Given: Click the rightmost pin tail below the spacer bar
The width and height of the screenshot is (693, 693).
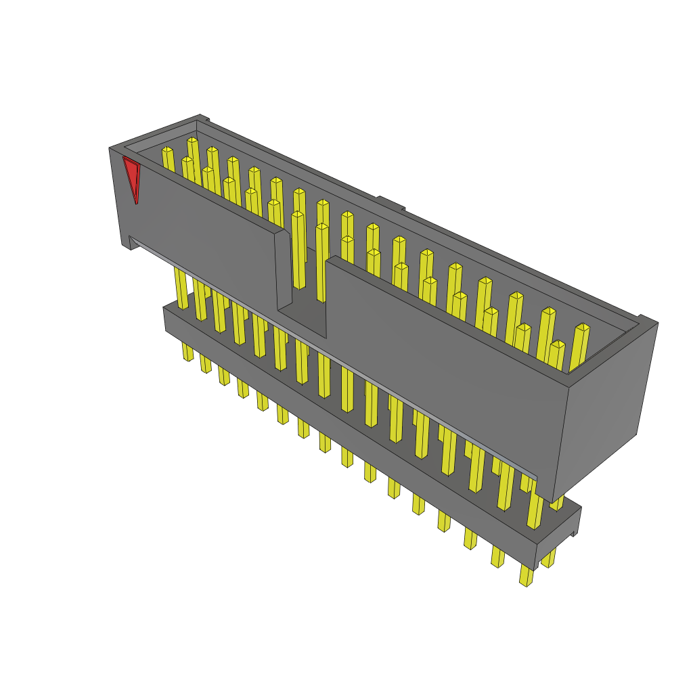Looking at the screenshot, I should click(527, 575).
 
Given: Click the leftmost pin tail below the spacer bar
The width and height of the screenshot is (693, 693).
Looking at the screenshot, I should click(187, 351).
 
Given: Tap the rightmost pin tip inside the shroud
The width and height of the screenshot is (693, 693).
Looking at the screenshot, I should click(582, 328).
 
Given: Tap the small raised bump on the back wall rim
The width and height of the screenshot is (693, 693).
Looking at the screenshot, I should click(390, 201).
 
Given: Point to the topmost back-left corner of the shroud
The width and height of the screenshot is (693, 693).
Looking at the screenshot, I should click(200, 117).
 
